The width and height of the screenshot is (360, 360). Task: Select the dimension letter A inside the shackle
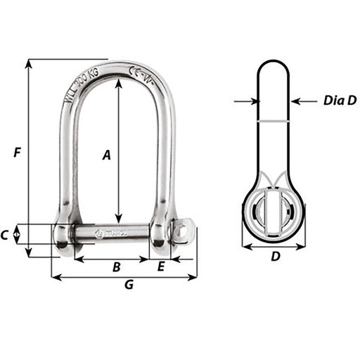coord(107,155)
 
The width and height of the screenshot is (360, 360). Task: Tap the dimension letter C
coord(6,236)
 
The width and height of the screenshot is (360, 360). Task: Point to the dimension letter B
coord(116,266)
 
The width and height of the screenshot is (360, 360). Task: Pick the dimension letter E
coord(161,266)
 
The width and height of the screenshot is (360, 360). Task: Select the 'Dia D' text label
coord(340,101)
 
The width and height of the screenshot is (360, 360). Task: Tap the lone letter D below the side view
coord(275,257)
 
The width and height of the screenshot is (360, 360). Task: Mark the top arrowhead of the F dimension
coord(29,64)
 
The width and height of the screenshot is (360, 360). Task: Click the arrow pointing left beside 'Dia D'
coord(296,101)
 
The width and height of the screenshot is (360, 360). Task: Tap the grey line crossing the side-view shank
coord(274,121)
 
